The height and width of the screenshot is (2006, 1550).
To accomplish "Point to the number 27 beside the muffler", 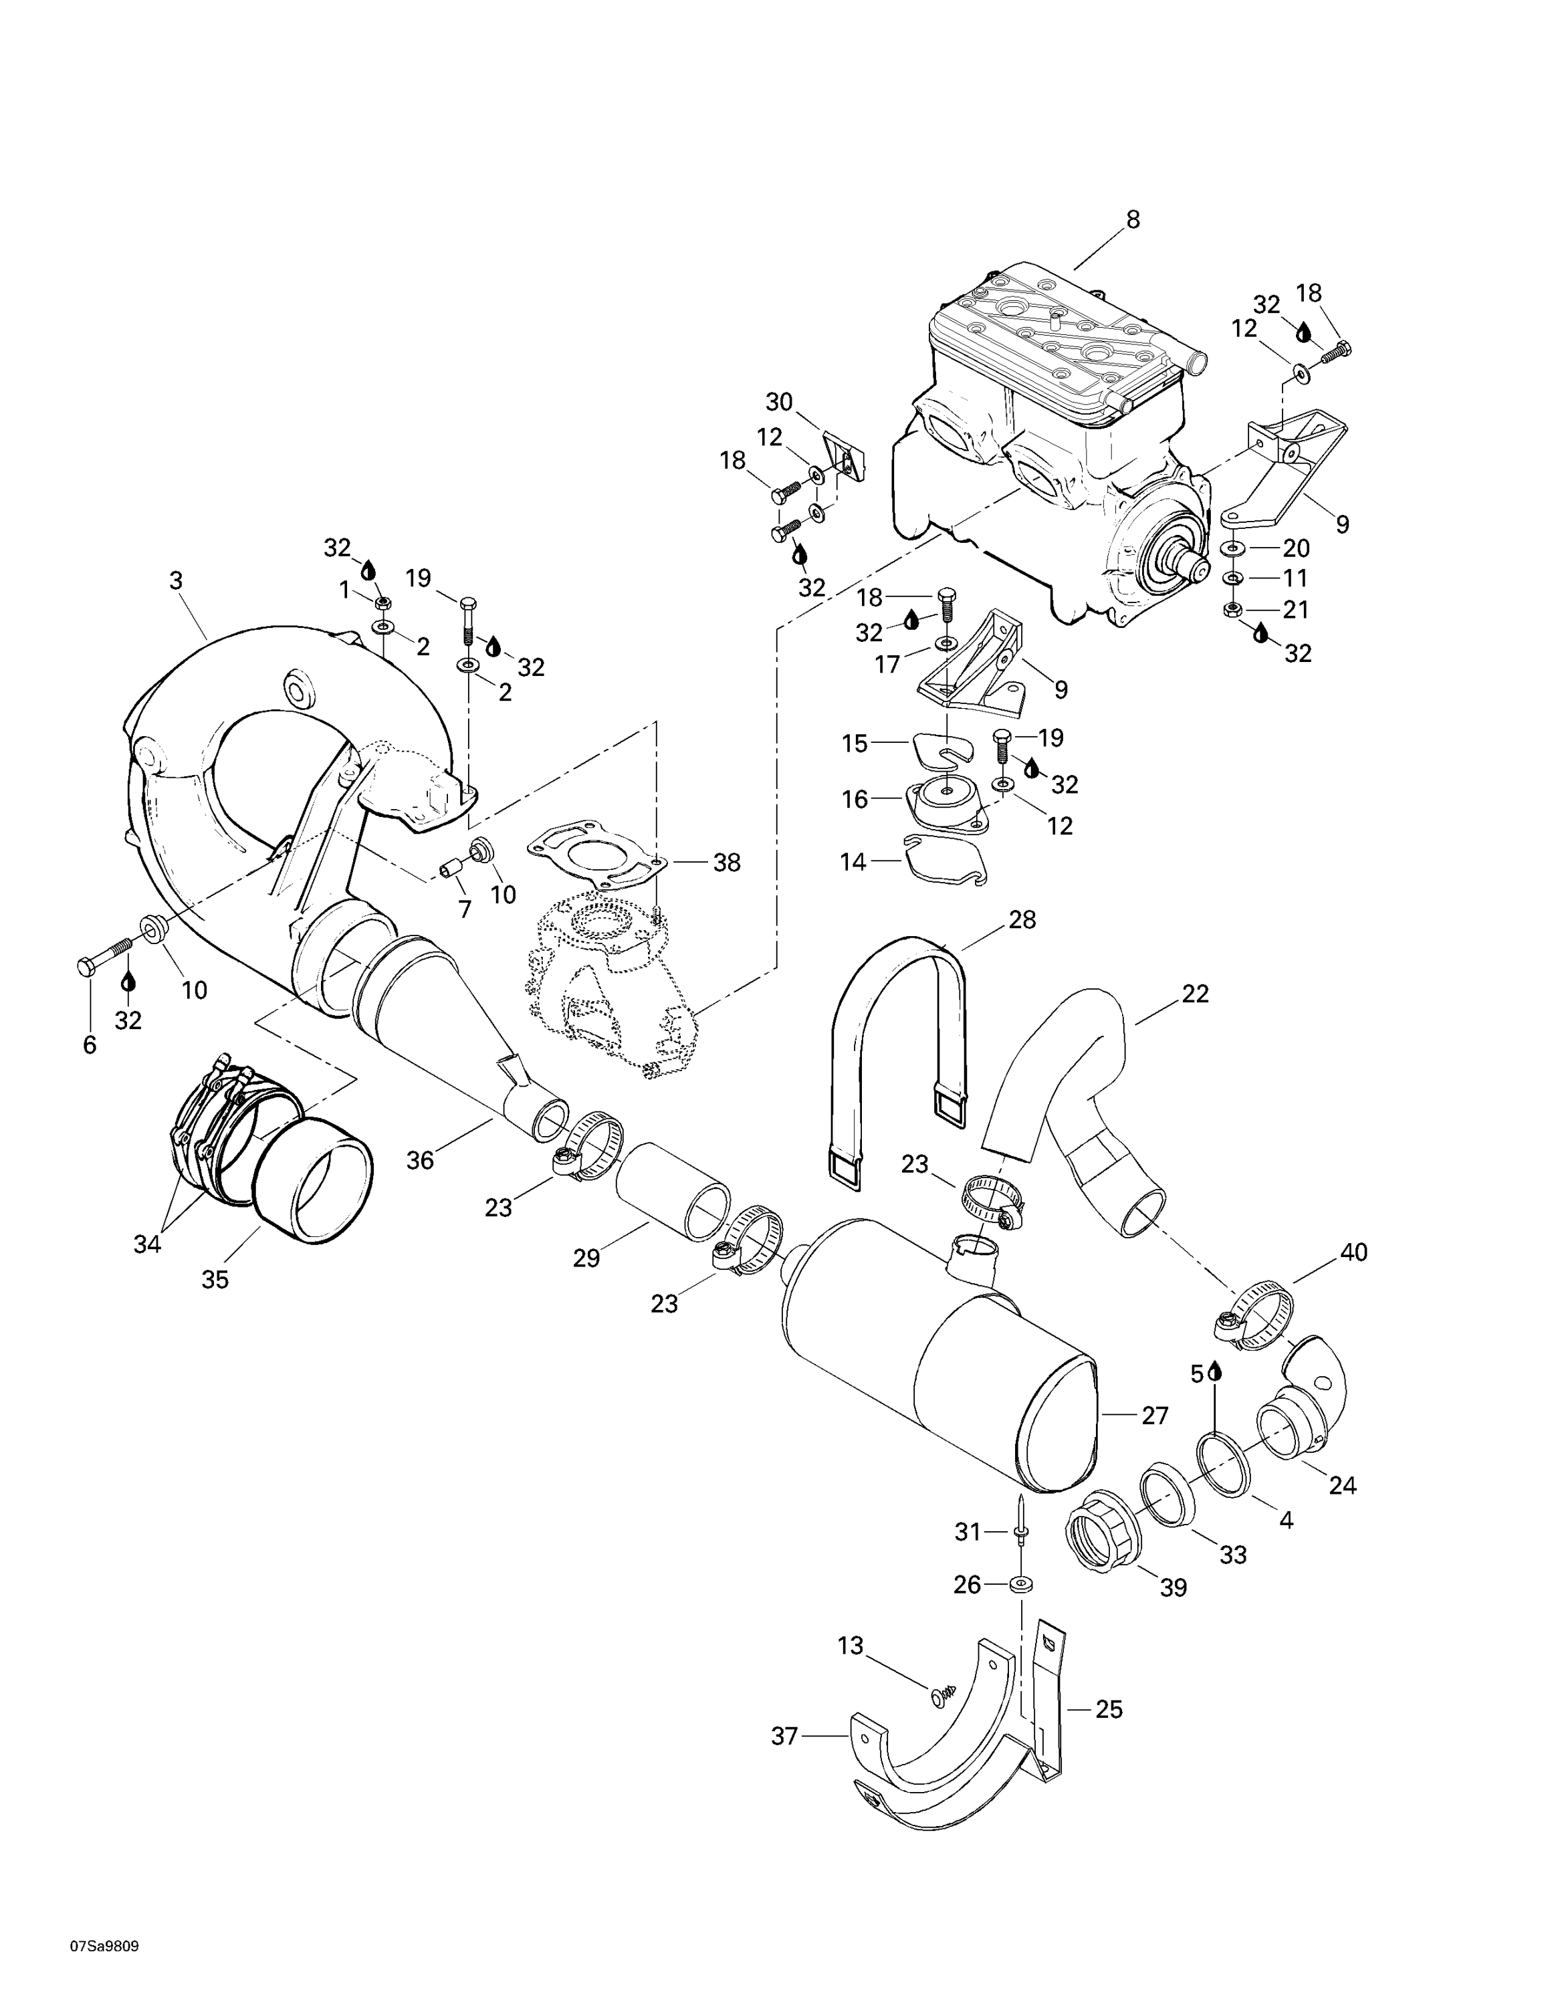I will point(1154,1416).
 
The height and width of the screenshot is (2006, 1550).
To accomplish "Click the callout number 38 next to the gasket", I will point(726,863).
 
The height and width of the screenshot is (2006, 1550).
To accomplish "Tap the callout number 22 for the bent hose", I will point(1195,994).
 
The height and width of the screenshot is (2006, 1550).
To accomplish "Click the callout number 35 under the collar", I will point(215,1279).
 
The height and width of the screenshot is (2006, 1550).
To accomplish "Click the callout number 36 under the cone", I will point(420,1160).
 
